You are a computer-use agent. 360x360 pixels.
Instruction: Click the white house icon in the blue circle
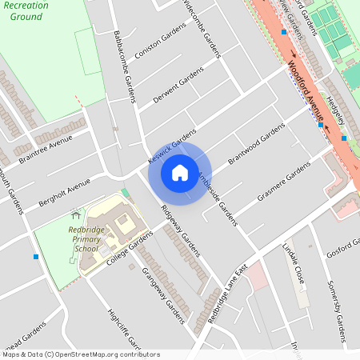click(180, 172)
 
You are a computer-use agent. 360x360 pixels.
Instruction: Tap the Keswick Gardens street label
click(171, 147)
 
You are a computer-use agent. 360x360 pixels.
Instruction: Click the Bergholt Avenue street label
click(64, 194)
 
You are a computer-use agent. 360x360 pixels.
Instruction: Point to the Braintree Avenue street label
click(45, 150)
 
